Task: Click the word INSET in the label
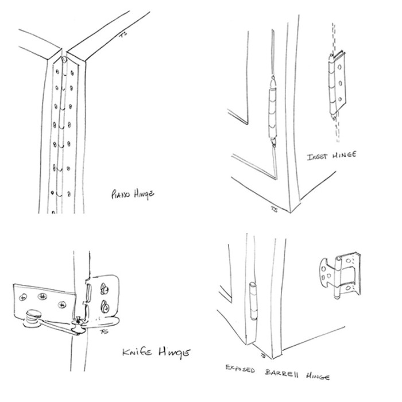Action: pyautogui.click(x=317, y=156)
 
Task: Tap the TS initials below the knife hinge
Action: pyautogui.click(x=103, y=331)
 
